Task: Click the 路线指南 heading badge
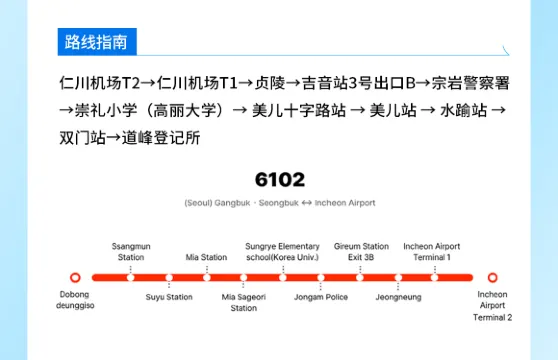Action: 96,43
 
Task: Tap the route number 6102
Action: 280,180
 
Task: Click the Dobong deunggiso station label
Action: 75,301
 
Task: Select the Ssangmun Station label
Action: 131,251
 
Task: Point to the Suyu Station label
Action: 169,296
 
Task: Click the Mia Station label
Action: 207,257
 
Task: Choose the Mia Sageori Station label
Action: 244,302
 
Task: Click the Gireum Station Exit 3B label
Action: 361,251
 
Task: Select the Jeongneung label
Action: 399,296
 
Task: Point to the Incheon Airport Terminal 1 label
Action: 432,251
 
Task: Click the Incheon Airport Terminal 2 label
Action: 492,306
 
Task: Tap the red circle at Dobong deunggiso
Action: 75,277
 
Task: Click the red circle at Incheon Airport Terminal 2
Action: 492,277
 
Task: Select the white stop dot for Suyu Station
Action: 169,277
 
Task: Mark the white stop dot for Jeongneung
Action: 399,277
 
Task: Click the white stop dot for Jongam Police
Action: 321,277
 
